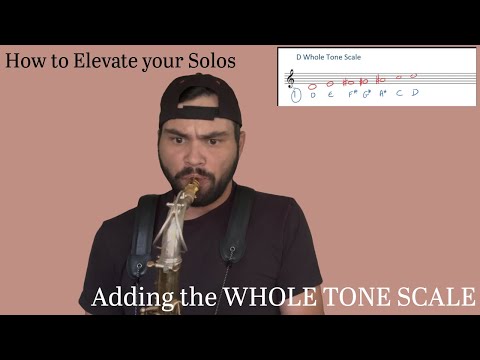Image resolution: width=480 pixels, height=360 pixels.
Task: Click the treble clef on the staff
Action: (291, 78)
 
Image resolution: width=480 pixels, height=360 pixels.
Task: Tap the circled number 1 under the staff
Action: (294, 96)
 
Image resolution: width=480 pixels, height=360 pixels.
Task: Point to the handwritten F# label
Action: (352, 95)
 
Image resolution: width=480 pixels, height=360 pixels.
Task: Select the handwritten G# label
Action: (367, 95)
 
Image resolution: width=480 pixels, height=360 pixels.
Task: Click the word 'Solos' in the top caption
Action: (213, 61)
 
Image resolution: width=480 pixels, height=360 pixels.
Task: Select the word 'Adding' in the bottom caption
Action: (127, 298)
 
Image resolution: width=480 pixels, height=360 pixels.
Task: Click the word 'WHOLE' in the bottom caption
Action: (266, 298)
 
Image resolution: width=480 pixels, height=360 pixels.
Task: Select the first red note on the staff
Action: (313, 85)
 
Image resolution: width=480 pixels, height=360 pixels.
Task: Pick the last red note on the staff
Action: (412, 74)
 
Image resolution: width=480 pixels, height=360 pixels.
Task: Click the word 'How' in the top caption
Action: (24, 61)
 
